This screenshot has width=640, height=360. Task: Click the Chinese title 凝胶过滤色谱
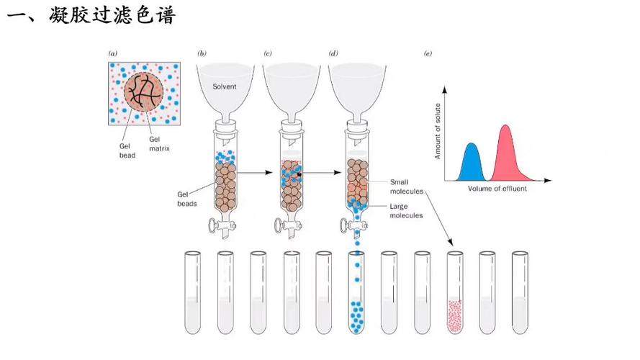[x=112, y=15]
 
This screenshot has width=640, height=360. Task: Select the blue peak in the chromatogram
[x=472, y=162]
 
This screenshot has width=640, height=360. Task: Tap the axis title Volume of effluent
[x=497, y=189]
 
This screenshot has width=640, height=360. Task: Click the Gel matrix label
[x=158, y=143]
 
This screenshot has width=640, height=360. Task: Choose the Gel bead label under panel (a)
[x=127, y=148]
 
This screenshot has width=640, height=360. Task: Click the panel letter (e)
[x=428, y=53]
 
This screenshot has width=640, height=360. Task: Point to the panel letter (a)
[x=112, y=53]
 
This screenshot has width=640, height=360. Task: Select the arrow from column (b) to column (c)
[x=258, y=174]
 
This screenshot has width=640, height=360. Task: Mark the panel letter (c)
[x=268, y=53]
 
